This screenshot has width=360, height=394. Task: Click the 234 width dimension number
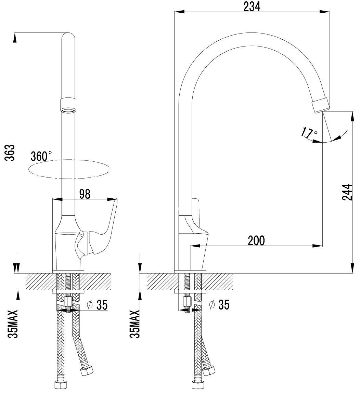[252, 7]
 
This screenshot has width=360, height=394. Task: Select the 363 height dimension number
[10, 153]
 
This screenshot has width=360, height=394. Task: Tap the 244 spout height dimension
[347, 192]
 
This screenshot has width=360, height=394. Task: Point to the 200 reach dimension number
[256, 240]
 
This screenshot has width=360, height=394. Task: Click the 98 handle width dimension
[85, 194]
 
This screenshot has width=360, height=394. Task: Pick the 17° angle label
[309, 133]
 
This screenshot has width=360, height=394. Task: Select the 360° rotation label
[41, 156]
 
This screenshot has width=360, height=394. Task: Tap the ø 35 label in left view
[97, 305]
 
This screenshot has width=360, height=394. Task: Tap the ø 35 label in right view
[219, 305]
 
